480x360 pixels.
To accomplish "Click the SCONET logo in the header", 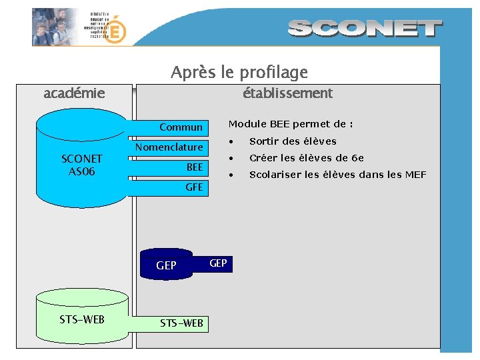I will click(365, 28).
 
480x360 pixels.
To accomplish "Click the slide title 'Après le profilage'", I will click(239, 72).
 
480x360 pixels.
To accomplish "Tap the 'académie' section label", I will click(74, 93).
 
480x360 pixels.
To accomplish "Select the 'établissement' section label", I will click(287, 93).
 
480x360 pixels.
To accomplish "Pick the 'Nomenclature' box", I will click(169, 147).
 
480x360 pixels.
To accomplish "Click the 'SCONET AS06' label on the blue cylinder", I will click(81, 165).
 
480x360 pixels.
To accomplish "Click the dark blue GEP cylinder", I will click(166, 265).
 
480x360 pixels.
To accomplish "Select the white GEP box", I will click(218, 263).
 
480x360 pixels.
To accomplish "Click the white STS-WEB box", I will click(181, 324).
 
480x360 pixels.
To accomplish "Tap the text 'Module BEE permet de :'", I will click(291, 124).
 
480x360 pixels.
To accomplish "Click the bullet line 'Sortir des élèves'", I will click(293, 141).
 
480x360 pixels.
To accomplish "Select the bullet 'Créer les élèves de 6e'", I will click(306, 158).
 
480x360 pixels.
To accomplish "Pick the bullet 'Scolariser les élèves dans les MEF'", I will click(337, 175).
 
